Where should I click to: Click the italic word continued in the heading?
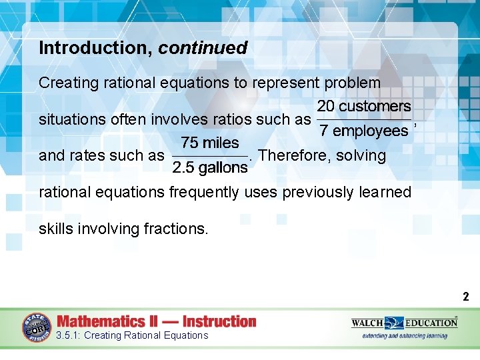(x=203, y=48)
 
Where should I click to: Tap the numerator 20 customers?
(x=364, y=106)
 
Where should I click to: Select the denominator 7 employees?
(x=364, y=131)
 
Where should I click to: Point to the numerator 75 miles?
(x=210, y=143)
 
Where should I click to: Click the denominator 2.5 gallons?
(x=210, y=168)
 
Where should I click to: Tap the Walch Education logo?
(x=404, y=323)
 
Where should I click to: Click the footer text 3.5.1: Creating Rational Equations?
(x=132, y=335)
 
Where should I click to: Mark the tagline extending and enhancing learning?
(x=404, y=336)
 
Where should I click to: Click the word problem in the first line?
(x=352, y=83)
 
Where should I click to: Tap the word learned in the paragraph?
(x=383, y=192)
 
